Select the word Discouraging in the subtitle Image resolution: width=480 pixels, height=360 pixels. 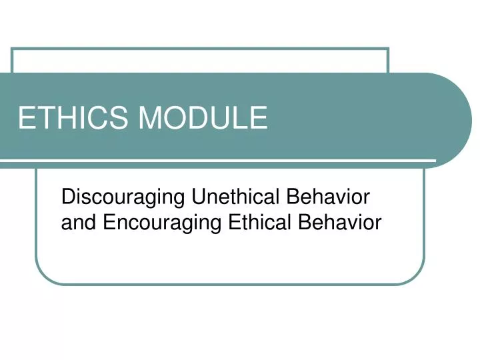pyautogui.click(x=123, y=198)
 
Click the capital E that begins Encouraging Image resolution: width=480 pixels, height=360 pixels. pyautogui.click(x=109, y=222)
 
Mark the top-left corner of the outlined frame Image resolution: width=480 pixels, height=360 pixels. pyautogui.click(x=13, y=49)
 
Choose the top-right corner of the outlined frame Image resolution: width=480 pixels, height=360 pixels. pyautogui.click(x=388, y=49)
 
